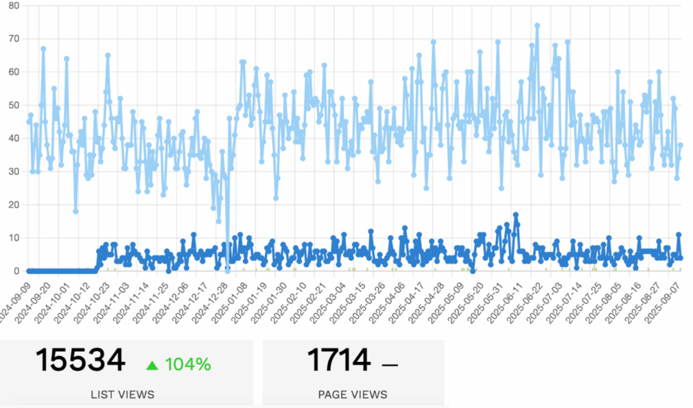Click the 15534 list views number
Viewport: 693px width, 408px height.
point(80,360)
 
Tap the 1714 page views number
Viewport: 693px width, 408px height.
point(338,360)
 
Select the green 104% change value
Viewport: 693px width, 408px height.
point(187,364)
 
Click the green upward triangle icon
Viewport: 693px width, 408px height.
point(152,365)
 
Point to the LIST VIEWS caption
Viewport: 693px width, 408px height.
point(122,394)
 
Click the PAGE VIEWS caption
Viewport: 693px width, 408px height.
point(353,394)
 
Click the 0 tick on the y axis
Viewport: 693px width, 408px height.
point(17,271)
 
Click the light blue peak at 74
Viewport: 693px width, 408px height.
point(537,25)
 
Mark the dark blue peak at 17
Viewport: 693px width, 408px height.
point(516,215)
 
